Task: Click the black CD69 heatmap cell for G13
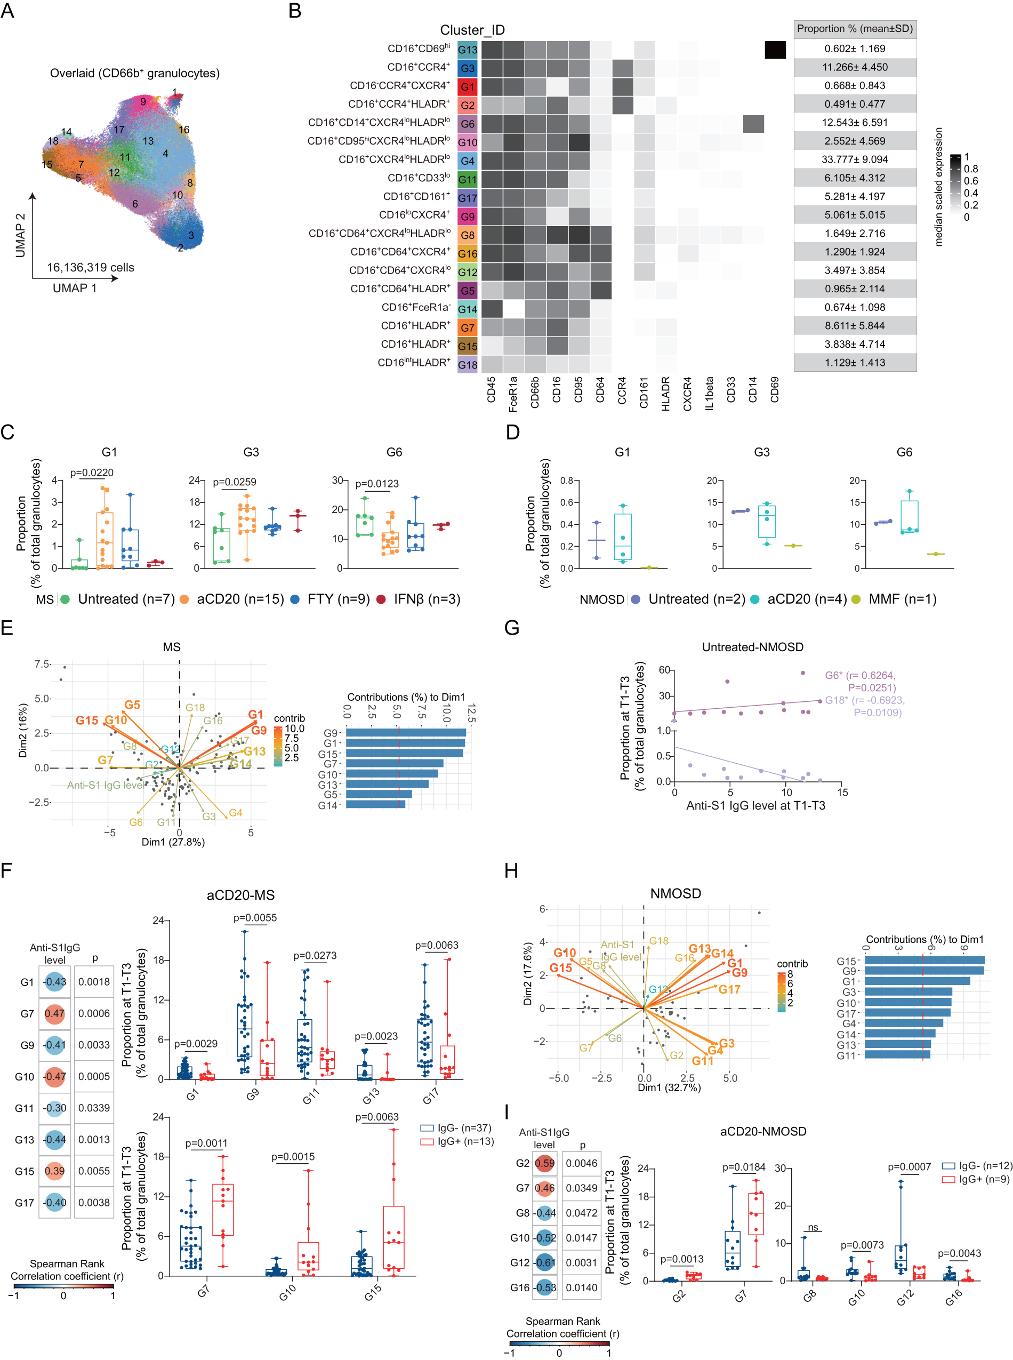pyautogui.click(x=775, y=50)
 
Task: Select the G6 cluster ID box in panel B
pyautogui.click(x=467, y=124)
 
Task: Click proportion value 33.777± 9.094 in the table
pyautogui.click(x=855, y=159)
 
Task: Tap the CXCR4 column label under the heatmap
pyautogui.click(x=687, y=393)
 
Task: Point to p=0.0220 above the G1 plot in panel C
pyautogui.click(x=91, y=473)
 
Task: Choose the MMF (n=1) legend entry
pyautogui.click(x=902, y=599)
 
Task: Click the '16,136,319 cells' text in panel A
pyautogui.click(x=90, y=267)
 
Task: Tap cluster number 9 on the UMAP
pyautogui.click(x=143, y=102)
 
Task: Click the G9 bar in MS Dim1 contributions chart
pyautogui.click(x=405, y=732)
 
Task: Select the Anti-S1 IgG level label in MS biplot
pyautogui.click(x=106, y=785)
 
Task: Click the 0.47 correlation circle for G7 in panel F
pyautogui.click(x=54, y=1013)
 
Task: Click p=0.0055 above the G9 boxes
pyautogui.click(x=255, y=918)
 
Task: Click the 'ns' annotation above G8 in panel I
pyautogui.click(x=813, y=1228)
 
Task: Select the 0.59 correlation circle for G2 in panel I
pyautogui.click(x=544, y=1163)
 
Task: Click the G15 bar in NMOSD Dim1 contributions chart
pyautogui.click(x=924, y=961)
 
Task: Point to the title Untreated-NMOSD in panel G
pyautogui.click(x=752, y=646)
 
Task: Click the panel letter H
pyautogui.click(x=511, y=870)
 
